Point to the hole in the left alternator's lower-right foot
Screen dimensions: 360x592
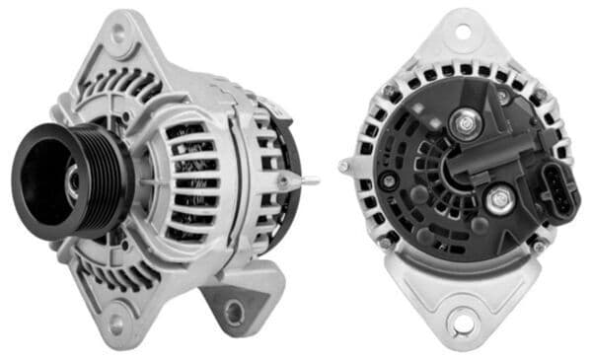(234, 314)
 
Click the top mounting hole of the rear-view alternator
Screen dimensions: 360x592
(462, 33)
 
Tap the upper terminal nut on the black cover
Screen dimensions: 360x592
(466, 124)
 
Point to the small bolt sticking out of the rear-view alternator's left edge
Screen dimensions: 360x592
(346, 165)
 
